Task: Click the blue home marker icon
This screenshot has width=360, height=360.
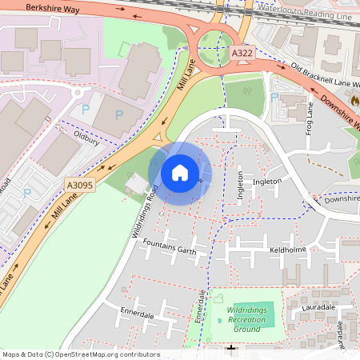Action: (x=180, y=173)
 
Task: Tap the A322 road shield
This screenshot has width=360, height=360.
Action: (x=242, y=52)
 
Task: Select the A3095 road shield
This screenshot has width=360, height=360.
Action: (x=78, y=186)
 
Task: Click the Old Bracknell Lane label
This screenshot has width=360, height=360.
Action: (x=326, y=77)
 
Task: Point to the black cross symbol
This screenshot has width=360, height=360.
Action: (x=232, y=350)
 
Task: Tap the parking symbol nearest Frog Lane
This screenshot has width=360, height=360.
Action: (x=274, y=98)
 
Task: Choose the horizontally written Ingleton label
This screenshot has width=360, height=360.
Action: (x=267, y=182)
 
